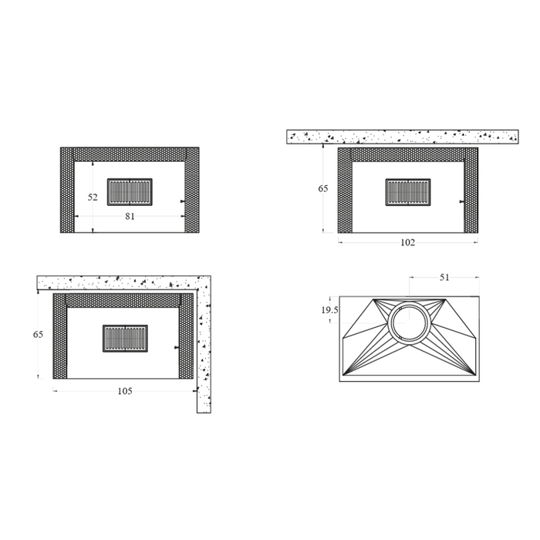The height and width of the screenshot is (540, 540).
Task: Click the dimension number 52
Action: click(x=93, y=197)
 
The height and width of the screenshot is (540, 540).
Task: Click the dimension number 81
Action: click(x=130, y=217)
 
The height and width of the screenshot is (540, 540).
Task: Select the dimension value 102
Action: click(x=407, y=242)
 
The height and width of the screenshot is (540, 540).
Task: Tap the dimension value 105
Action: click(x=125, y=391)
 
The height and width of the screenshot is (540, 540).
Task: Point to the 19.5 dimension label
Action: click(x=329, y=310)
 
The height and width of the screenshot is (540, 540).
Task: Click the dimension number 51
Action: click(x=444, y=278)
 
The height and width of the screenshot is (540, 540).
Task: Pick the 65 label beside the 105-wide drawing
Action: click(x=38, y=335)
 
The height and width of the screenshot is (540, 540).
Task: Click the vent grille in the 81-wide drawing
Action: click(x=130, y=191)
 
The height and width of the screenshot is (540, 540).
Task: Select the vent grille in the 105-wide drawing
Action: click(x=125, y=338)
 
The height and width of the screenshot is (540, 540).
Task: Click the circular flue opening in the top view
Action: click(x=407, y=323)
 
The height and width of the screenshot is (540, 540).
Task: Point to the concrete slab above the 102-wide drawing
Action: click(x=402, y=137)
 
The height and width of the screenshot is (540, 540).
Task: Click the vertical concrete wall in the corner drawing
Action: click(x=204, y=355)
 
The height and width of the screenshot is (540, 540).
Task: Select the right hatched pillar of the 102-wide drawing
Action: click(x=471, y=193)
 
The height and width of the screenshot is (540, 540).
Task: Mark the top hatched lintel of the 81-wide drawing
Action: click(x=130, y=154)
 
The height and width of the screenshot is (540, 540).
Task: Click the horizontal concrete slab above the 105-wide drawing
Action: click(x=116, y=282)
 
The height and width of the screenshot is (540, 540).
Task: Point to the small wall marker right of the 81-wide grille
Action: click(x=181, y=202)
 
